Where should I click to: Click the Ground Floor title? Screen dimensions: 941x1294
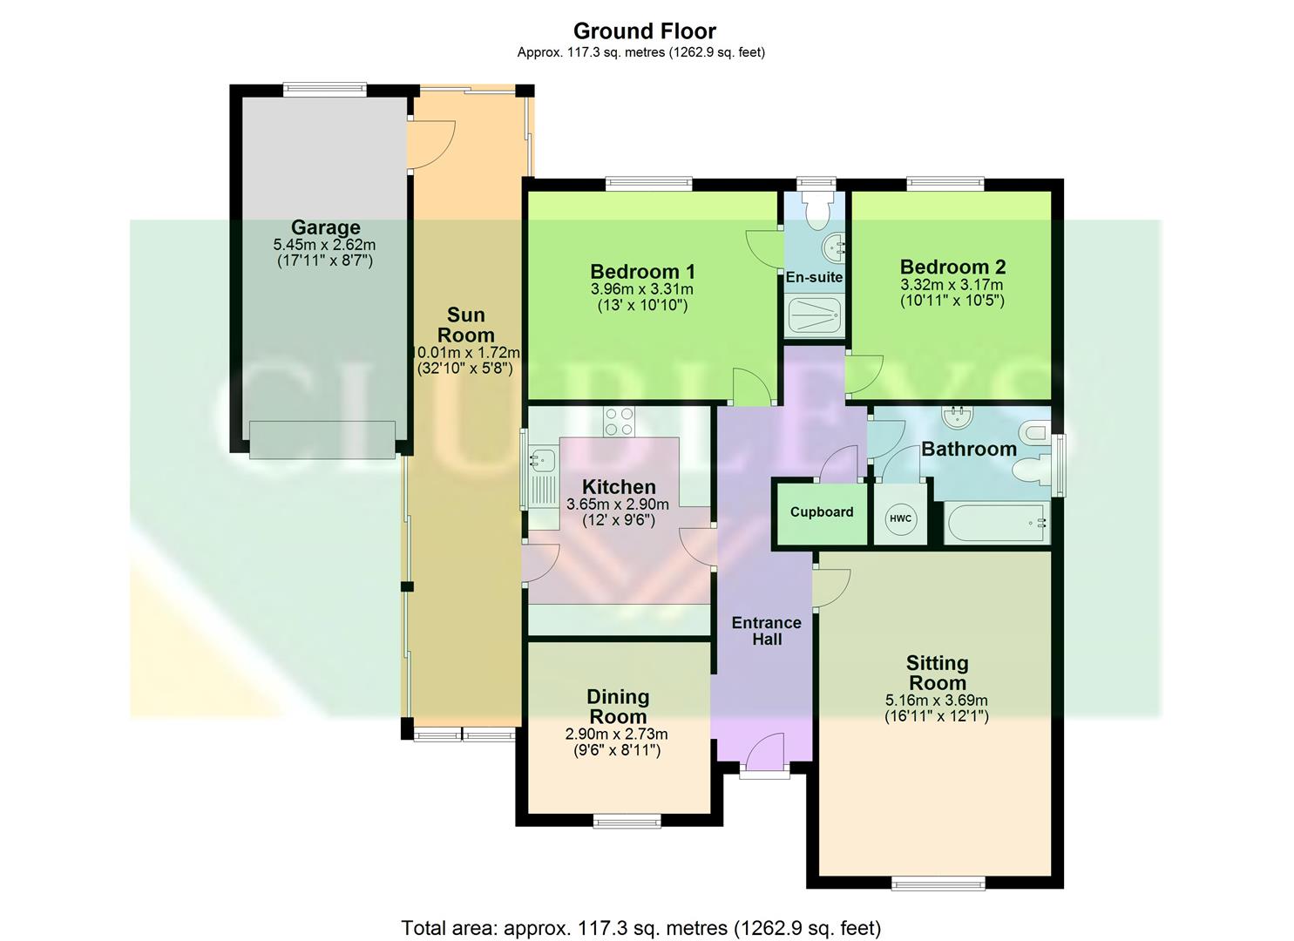coord(645,31)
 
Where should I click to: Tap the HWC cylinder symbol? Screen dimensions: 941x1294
coord(900,519)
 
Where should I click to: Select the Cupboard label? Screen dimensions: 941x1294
coord(821,512)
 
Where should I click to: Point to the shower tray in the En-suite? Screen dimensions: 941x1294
coord(813,316)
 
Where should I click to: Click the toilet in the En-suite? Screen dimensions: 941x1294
coord(817,211)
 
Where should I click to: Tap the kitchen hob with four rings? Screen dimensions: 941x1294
coord(620,422)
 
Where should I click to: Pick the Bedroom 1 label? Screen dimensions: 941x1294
coord(642,271)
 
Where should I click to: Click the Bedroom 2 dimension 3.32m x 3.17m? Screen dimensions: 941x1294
coord(952,285)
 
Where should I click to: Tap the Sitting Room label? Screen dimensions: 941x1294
coord(937,673)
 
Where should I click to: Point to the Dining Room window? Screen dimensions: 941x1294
coord(627,820)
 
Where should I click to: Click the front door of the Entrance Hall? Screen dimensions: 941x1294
coord(765,754)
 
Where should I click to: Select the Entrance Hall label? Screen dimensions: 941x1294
coord(766,631)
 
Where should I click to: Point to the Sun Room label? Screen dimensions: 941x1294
coord(465,325)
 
